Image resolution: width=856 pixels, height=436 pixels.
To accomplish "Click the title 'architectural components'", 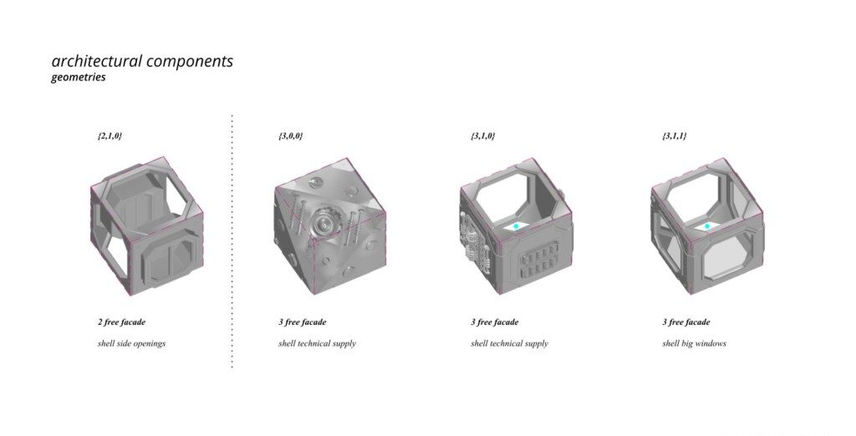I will click(x=142, y=62).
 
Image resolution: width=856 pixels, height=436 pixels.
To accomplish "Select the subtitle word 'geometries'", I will click(x=78, y=79).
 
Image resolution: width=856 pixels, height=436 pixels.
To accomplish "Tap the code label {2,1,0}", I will click(x=110, y=135).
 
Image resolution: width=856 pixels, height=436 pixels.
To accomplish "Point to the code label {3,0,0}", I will click(x=290, y=135).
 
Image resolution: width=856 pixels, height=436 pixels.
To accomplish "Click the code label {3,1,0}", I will click(x=482, y=135).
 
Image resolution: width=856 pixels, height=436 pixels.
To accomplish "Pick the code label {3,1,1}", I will click(x=674, y=135).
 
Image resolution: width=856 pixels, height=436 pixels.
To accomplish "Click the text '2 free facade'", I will click(x=121, y=322).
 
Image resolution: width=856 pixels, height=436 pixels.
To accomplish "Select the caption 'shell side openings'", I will click(x=131, y=343).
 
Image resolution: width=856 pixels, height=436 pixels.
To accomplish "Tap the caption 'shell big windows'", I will click(x=694, y=343).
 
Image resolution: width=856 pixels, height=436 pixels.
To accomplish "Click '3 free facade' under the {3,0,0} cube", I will click(x=302, y=322).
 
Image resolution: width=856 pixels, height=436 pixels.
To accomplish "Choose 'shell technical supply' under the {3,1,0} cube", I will click(x=509, y=343).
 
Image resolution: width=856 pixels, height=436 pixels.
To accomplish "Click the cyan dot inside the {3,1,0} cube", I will click(x=517, y=226).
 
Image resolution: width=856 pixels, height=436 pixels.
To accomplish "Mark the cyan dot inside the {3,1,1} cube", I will click(x=707, y=226).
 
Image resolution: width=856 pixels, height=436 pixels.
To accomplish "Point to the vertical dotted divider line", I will click(x=232, y=242).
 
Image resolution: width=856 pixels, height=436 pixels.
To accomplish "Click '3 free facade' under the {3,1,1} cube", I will click(x=686, y=322).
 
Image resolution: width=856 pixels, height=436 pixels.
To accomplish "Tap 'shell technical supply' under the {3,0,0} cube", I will click(x=317, y=343).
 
